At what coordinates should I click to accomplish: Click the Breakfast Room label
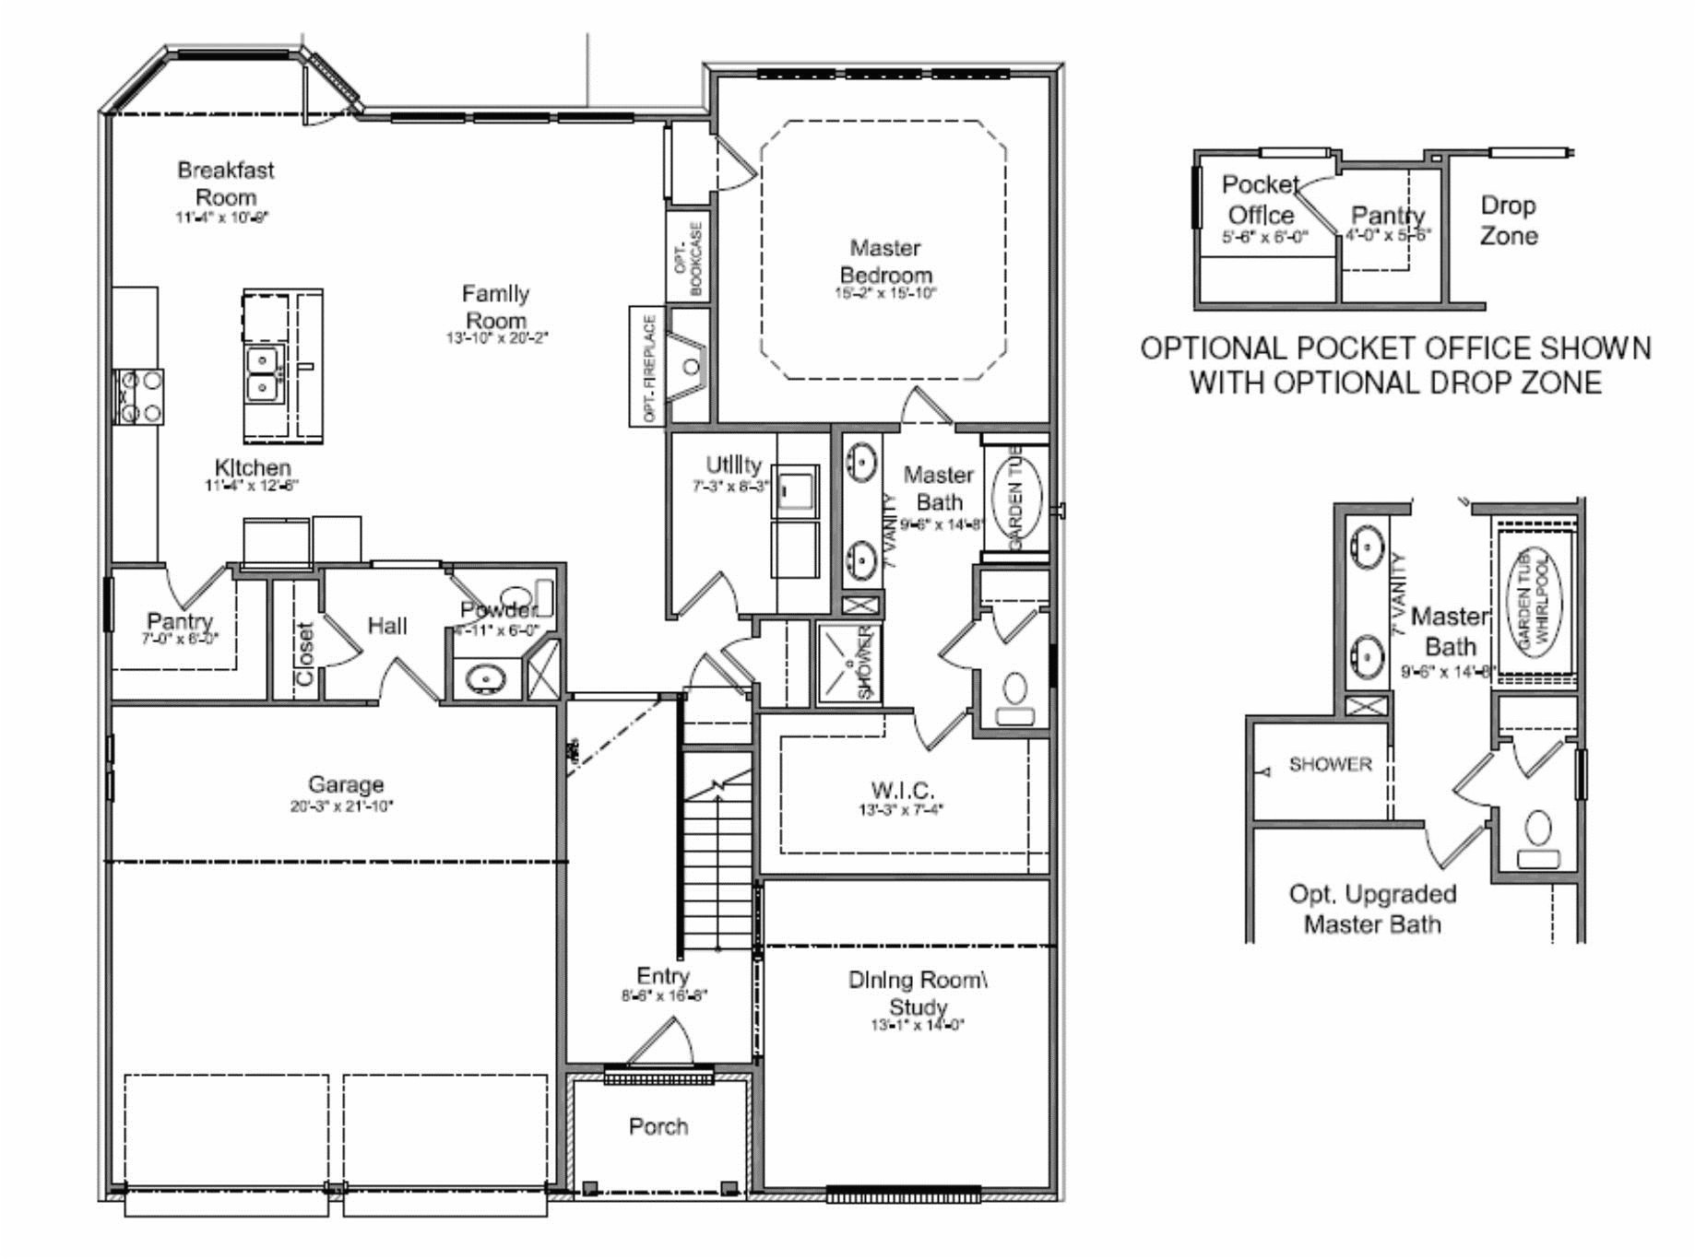coord(226,183)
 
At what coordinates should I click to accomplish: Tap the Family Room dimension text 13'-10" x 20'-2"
coord(497,338)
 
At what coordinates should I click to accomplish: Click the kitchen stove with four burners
coord(138,396)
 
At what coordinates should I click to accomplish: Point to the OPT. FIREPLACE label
coord(648,367)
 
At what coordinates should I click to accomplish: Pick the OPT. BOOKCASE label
coord(688,259)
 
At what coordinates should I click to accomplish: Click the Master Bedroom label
coord(885,261)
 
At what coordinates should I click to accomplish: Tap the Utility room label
coord(733,465)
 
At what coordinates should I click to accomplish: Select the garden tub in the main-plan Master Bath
coord(1016,497)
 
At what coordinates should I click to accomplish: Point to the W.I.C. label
coord(902,791)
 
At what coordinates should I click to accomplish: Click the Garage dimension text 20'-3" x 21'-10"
coord(342,806)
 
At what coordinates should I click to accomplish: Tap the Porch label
coord(658,1126)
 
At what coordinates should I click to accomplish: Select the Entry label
coord(663,976)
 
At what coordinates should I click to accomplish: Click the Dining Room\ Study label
coord(918,993)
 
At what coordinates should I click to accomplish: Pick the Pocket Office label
coord(1261,199)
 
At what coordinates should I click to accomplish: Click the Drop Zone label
coord(1509,220)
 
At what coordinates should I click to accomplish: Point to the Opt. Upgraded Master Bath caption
coord(1372,909)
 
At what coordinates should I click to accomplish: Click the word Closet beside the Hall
coord(305,653)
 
